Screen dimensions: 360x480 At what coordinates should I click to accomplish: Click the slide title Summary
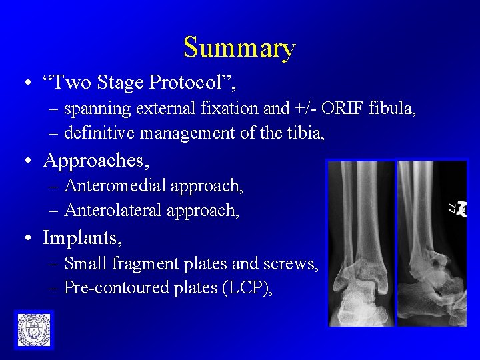239,48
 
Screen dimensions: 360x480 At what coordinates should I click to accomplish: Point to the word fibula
393,109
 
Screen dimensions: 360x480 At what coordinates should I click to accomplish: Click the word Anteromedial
115,186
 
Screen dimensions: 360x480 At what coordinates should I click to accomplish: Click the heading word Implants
83,237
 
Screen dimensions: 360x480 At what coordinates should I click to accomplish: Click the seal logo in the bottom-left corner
33,329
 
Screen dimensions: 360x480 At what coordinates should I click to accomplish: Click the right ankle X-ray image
431,243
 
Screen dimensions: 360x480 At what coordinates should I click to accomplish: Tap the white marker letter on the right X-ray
458,209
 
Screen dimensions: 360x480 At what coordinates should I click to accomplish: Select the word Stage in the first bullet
120,82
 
